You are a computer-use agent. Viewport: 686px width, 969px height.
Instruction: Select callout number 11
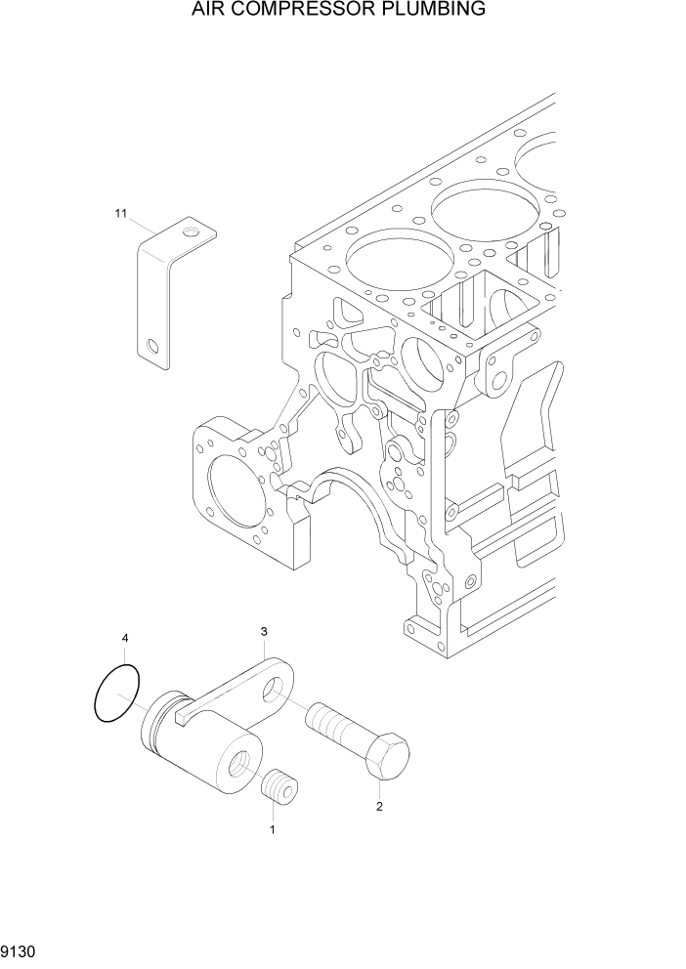point(121,213)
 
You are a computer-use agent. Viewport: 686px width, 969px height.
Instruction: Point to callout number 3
point(264,632)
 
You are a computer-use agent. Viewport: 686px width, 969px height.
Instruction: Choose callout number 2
point(379,807)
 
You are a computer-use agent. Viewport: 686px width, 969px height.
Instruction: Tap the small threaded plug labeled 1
point(281,787)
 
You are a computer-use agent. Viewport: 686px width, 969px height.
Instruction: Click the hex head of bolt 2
point(388,758)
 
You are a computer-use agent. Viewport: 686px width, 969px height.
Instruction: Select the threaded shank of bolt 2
point(334,726)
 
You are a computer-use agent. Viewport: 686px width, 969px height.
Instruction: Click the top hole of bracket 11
point(192,232)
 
